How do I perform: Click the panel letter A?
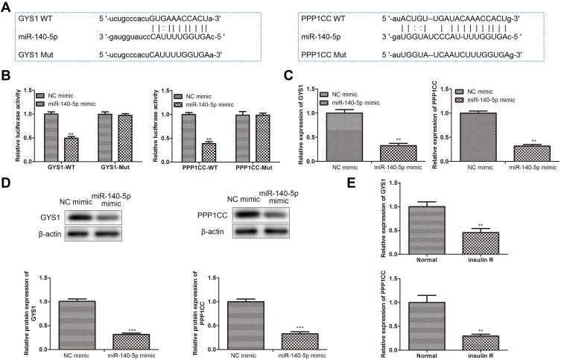[x=6, y=6]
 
